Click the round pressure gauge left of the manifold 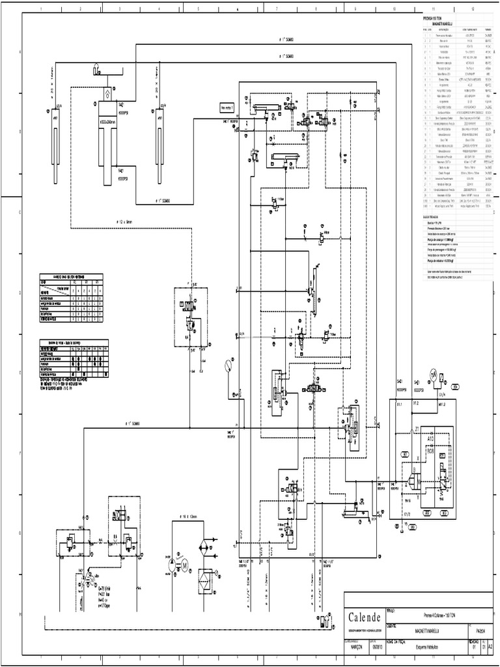(x=227, y=365)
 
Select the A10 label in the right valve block (x=430, y=440)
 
